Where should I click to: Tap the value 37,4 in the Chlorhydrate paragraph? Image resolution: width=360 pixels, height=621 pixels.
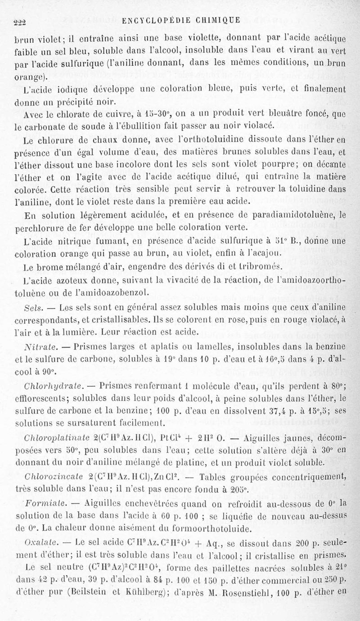270,411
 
